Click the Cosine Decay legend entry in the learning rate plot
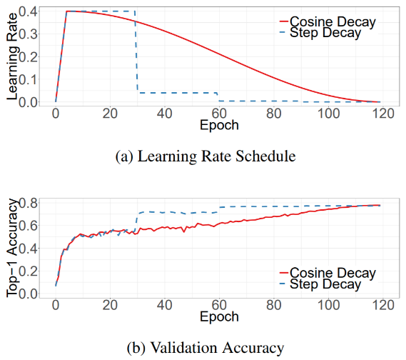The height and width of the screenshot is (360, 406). (328, 21)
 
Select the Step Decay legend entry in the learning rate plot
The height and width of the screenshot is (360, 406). (320, 33)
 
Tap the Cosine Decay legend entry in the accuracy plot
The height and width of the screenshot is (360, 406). (328, 273)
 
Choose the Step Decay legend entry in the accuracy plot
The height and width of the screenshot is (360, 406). (320, 284)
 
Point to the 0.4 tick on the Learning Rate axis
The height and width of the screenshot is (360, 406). (28, 11)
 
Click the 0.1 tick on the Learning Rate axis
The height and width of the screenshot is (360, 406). (28, 79)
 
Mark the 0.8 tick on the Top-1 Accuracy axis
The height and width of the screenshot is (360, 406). (28, 203)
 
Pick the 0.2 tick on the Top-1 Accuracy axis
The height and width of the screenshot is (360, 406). (28, 271)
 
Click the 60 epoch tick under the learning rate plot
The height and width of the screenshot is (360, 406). (219, 114)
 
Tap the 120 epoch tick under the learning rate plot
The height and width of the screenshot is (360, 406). (382, 114)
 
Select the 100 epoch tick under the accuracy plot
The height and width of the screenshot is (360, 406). (328, 305)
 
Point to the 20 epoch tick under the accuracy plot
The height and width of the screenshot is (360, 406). (110, 305)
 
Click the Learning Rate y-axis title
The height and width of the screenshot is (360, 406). (12, 56)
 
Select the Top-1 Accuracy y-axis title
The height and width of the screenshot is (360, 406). (12, 248)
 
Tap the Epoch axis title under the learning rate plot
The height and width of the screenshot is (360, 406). (219, 126)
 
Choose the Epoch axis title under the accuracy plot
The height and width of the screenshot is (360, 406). (219, 317)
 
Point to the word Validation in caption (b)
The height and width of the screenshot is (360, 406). (185, 348)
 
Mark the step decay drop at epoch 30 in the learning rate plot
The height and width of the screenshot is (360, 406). (136, 52)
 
